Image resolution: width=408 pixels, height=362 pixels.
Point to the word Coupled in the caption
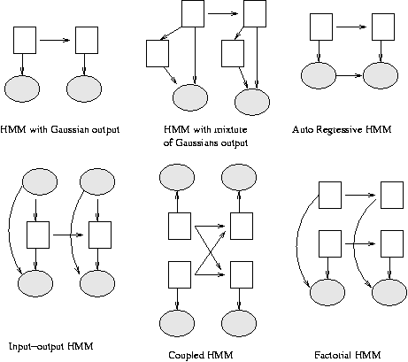click(x=184, y=355)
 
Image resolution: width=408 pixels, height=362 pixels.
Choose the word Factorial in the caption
click(x=329, y=355)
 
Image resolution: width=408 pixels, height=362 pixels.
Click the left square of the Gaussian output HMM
click(x=25, y=41)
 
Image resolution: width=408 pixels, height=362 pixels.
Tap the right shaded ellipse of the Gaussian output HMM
click(x=84, y=89)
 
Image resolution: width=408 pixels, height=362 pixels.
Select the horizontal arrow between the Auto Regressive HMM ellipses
click(x=350, y=75)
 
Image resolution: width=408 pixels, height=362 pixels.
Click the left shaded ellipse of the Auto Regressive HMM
click(x=319, y=75)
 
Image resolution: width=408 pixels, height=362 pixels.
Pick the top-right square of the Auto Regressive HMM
click(x=383, y=27)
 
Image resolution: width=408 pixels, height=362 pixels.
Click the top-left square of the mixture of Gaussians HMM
click(x=193, y=13)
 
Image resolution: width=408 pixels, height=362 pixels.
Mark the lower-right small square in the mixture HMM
click(x=233, y=53)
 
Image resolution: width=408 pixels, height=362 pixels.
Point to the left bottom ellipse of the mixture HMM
click(x=190, y=97)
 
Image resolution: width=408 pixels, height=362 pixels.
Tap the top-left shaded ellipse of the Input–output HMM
click(x=40, y=181)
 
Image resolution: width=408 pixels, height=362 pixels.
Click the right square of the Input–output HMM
click(x=100, y=235)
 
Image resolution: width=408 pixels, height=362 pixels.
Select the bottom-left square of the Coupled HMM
click(x=180, y=274)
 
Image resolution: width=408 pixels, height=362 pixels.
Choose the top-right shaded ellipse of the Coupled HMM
click(x=239, y=177)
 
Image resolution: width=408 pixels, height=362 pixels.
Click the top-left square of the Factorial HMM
click(x=330, y=195)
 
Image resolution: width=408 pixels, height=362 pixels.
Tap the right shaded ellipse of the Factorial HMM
click(x=389, y=292)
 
